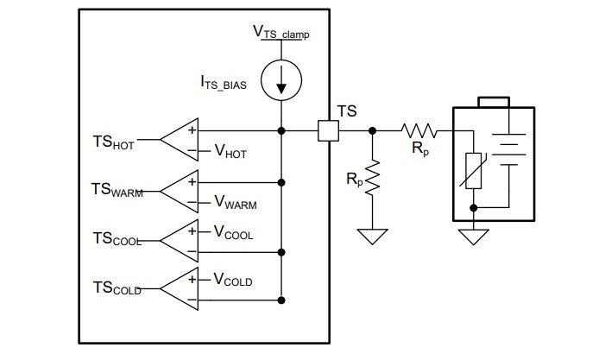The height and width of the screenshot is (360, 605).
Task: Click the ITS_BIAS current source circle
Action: (281, 80)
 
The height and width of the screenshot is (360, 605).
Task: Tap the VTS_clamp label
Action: (280, 32)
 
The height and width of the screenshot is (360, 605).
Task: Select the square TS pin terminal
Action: (328, 131)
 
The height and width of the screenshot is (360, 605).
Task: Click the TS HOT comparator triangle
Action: (179, 140)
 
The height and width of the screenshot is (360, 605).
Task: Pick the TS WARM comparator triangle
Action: (179, 192)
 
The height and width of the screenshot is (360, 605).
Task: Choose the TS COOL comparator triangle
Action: (179, 241)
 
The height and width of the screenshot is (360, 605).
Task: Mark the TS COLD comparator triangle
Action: (179, 288)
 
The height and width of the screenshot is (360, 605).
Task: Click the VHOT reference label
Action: (230, 151)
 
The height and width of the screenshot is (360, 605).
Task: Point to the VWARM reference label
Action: (236, 202)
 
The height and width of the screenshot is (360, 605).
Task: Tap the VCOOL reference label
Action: (233, 232)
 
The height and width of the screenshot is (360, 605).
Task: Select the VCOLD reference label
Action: (233, 280)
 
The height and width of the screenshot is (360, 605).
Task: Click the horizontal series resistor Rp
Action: (419, 131)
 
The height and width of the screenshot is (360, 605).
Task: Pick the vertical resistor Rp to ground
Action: (372, 178)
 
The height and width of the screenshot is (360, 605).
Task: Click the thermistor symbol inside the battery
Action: (474, 171)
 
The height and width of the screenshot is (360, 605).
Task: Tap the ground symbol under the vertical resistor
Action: (372, 237)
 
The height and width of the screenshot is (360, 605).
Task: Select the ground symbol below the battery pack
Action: (474, 237)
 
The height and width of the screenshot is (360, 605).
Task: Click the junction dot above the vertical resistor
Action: (372, 131)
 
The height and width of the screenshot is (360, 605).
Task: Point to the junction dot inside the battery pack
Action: (474, 208)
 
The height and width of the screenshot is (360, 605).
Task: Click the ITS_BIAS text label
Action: (224, 83)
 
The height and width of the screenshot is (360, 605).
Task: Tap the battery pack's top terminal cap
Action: (494, 102)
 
